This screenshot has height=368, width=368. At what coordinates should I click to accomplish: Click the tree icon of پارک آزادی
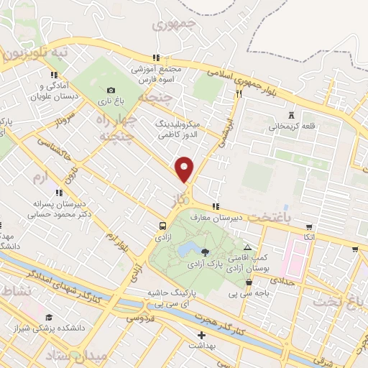(x=206, y=252)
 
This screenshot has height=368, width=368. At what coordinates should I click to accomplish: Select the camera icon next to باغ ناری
(x=110, y=91)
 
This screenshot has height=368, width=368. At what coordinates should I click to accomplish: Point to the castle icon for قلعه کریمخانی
(x=291, y=115)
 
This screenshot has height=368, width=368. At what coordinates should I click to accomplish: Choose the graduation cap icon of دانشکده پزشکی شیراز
(x=49, y=317)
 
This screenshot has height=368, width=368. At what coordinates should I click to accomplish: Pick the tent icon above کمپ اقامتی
(x=248, y=247)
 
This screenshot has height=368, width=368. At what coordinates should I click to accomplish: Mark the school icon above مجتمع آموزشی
(x=154, y=59)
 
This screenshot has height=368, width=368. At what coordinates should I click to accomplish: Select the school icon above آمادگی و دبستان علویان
(x=53, y=74)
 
